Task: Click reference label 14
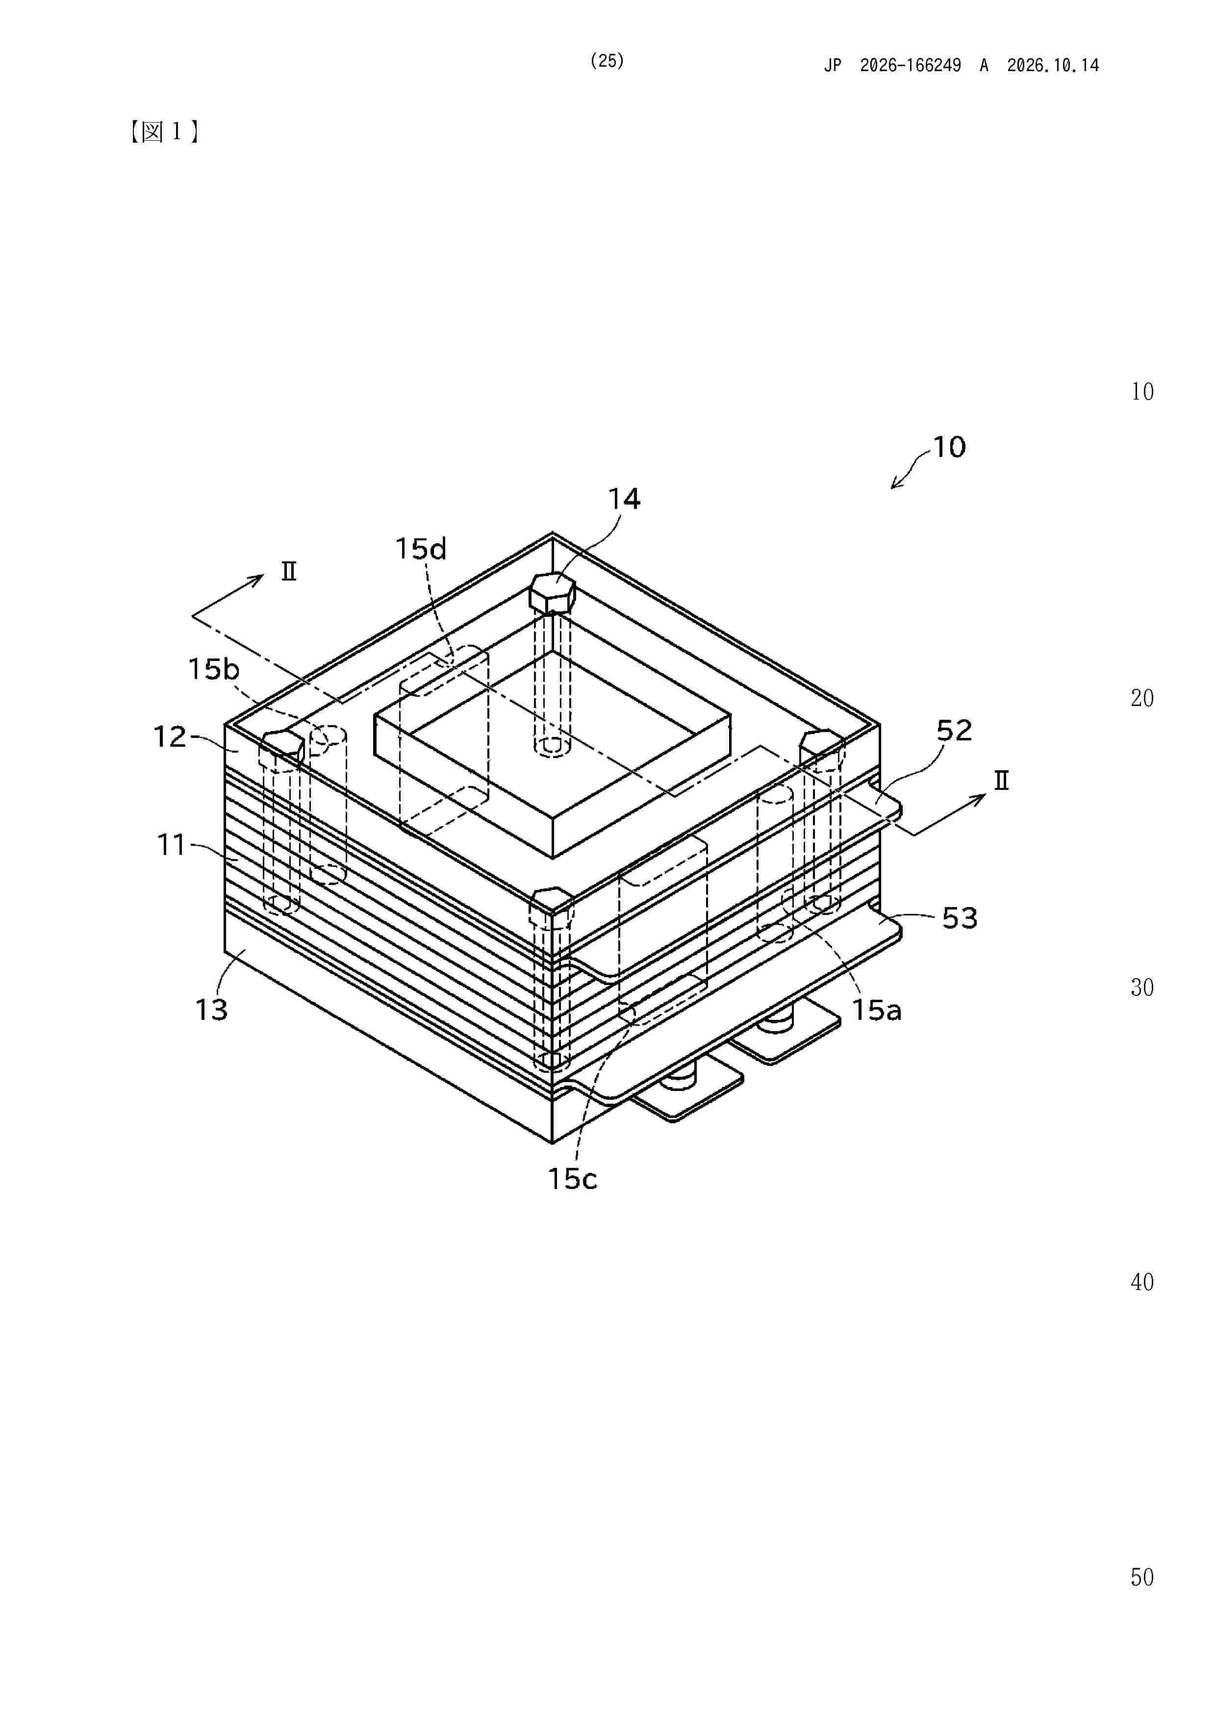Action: pyautogui.click(x=624, y=499)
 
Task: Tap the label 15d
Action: pyautogui.click(x=421, y=549)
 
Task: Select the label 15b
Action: pyautogui.click(x=213, y=669)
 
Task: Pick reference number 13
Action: pyautogui.click(x=211, y=1010)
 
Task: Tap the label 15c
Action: pyautogui.click(x=572, y=1179)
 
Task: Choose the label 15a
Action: pyautogui.click(x=877, y=1011)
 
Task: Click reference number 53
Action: pyautogui.click(x=960, y=918)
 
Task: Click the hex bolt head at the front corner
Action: pyautogui.click(x=552, y=907)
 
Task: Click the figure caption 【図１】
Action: pyautogui.click(x=163, y=132)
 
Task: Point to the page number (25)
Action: pyautogui.click(x=607, y=61)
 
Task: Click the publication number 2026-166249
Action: pyautogui.click(x=911, y=65)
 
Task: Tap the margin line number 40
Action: pyautogui.click(x=1142, y=1283)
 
